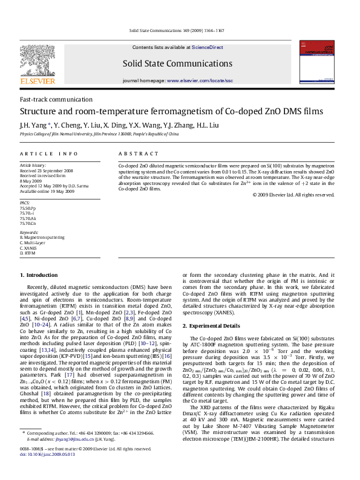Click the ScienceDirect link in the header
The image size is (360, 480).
[x=208, y=47]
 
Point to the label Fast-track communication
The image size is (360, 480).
[x=56, y=99]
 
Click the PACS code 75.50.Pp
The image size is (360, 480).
[x=28, y=208]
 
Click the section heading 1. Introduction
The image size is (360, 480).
[x=39, y=275]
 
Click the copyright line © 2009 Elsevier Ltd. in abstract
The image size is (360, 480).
[x=293, y=195]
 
